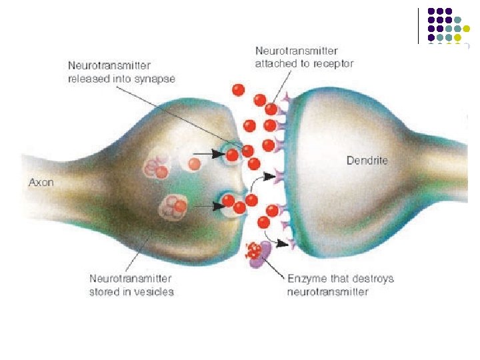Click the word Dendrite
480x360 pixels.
point(367,161)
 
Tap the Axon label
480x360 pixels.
point(41,181)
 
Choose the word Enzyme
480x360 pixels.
point(305,279)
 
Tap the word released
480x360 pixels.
point(87,79)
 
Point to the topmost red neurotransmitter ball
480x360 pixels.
point(238,89)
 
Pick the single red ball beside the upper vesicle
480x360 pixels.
point(195,163)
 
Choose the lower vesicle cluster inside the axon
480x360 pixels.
point(175,206)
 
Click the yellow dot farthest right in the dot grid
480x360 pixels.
point(476,29)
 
